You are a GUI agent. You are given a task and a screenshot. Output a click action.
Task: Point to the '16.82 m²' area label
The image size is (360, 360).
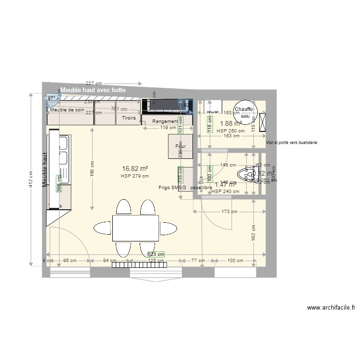click(x=134, y=168)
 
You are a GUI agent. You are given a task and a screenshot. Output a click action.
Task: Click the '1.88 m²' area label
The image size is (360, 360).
click(x=230, y=123)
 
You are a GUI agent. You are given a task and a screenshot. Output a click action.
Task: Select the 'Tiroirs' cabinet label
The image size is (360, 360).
click(x=129, y=118)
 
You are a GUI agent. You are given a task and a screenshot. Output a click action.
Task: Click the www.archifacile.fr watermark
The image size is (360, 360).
click(x=331, y=308)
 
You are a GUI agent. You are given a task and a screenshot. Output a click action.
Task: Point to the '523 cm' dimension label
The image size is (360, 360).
click(x=156, y=254)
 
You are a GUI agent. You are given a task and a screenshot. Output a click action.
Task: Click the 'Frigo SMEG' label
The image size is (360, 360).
click(x=172, y=188)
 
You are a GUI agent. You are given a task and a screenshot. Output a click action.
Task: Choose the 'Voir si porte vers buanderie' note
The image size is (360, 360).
click(x=291, y=143)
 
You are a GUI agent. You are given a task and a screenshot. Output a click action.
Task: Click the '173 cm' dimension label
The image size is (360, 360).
click(x=229, y=211)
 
